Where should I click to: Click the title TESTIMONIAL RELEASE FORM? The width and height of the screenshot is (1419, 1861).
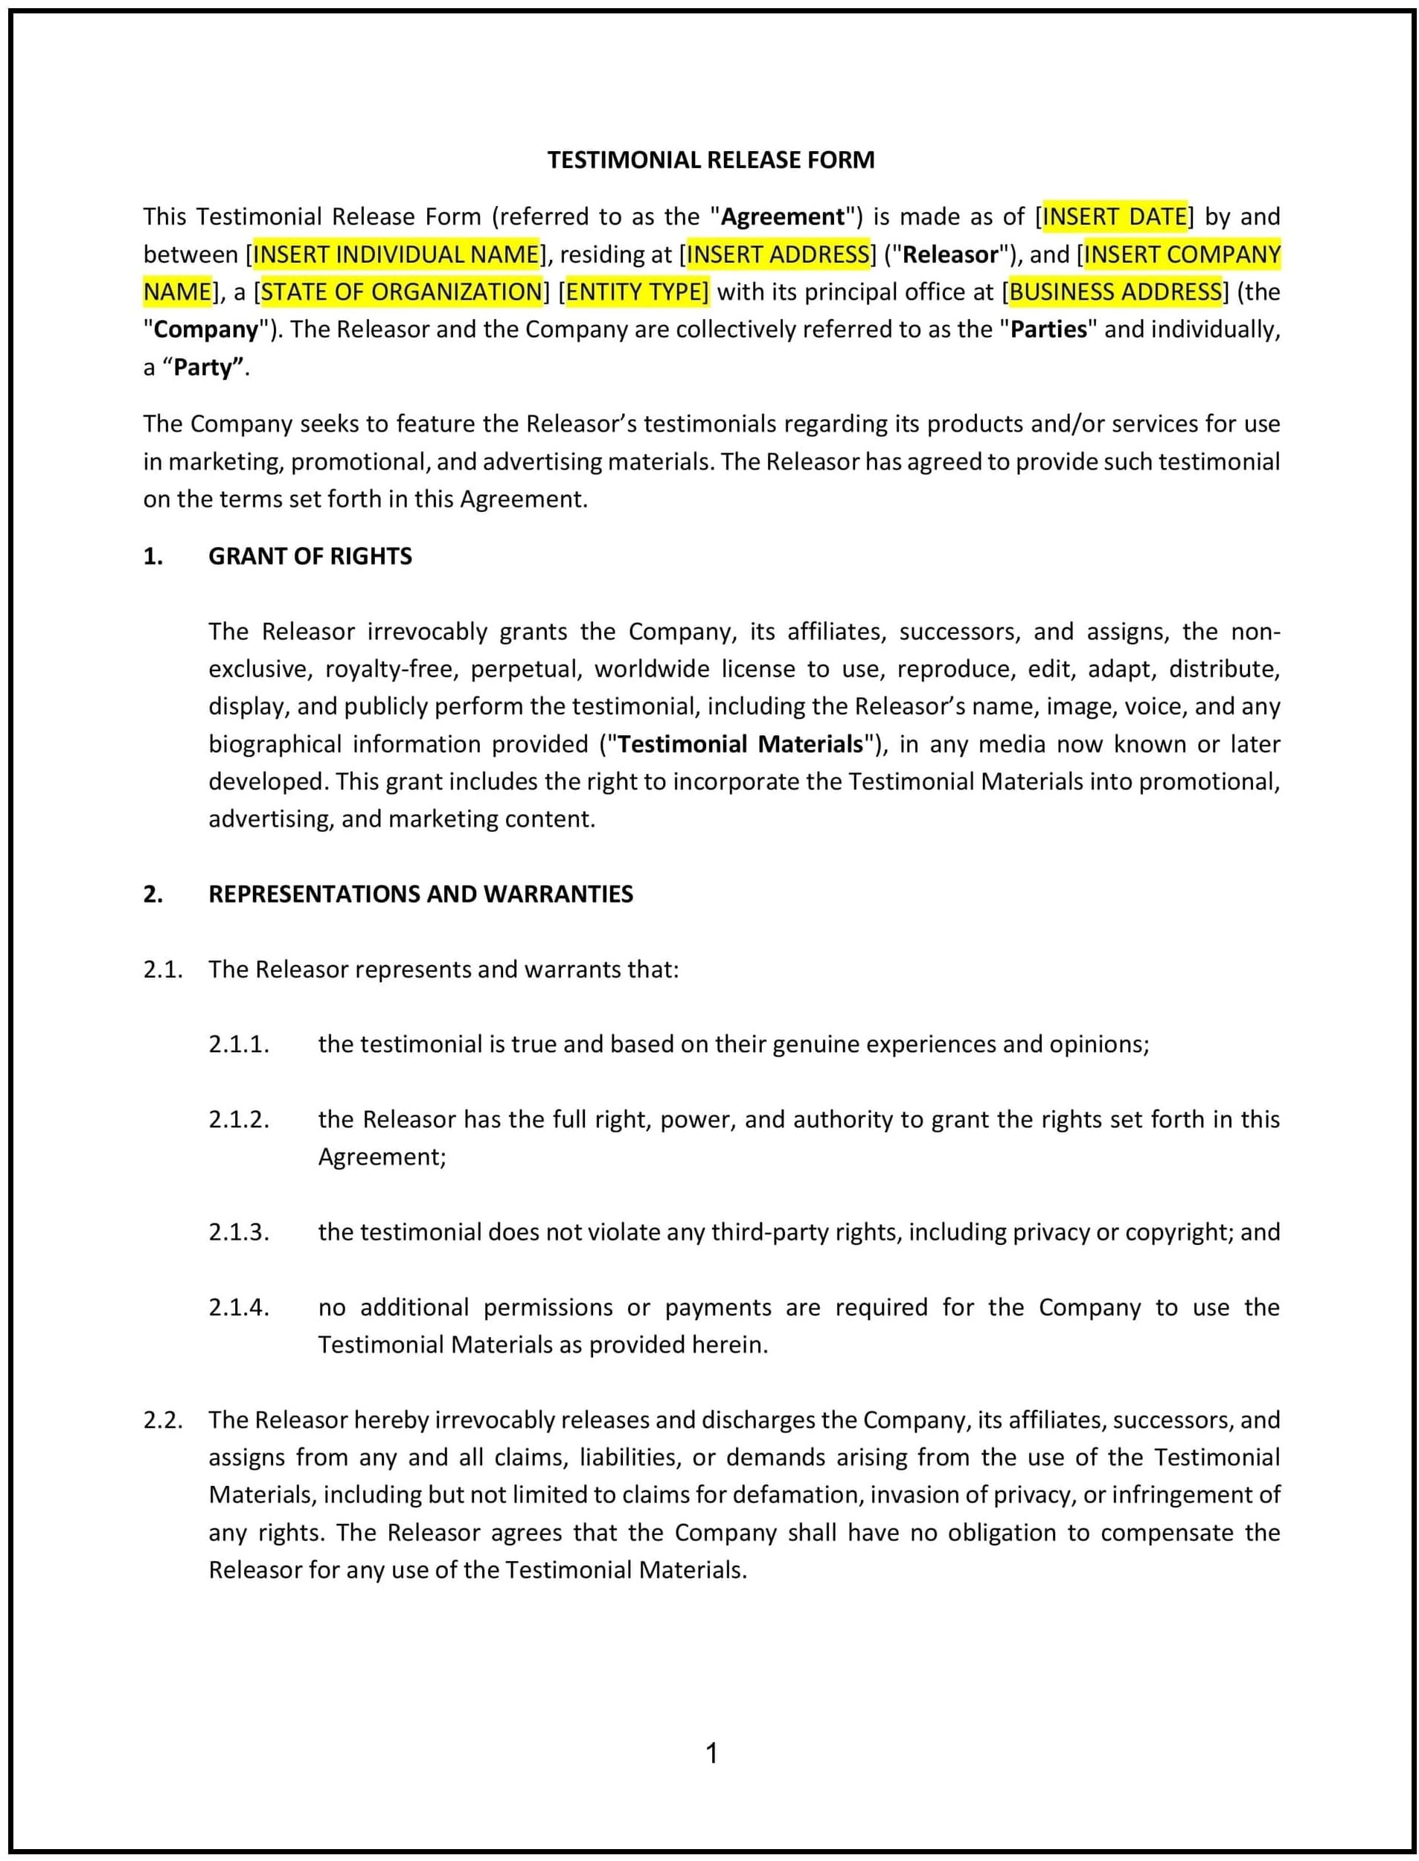click(x=711, y=160)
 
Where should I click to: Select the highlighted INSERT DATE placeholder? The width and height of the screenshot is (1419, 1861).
click(x=1115, y=217)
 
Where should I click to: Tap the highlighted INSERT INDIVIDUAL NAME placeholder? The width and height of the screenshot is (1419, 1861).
click(x=396, y=254)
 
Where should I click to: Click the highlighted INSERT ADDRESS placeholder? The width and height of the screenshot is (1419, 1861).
click(x=778, y=254)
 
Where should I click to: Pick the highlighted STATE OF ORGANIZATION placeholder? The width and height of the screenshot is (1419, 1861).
click(x=401, y=292)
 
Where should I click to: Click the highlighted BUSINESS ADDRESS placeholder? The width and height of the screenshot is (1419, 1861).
click(x=1115, y=292)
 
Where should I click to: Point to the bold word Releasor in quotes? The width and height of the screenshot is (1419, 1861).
click(x=950, y=254)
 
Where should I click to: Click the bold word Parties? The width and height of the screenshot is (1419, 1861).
click(x=1049, y=329)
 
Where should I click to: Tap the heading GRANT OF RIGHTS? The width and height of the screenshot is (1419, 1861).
click(x=310, y=556)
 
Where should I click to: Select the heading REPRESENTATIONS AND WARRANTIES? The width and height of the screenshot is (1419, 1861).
click(x=420, y=894)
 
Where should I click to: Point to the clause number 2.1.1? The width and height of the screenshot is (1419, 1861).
click(x=239, y=1044)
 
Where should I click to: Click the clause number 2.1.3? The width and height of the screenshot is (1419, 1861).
click(x=239, y=1231)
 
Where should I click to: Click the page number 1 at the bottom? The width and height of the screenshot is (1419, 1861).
click(x=711, y=1754)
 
